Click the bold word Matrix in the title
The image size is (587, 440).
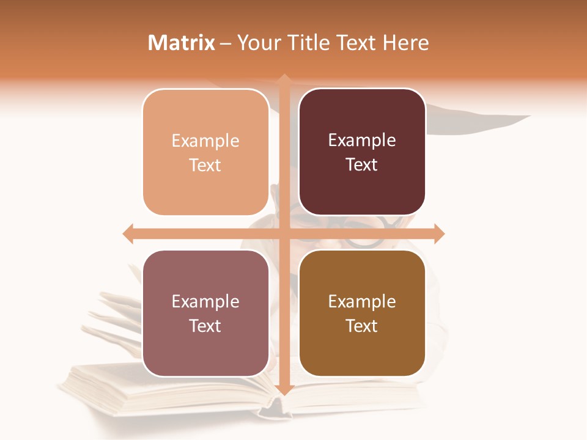tap(181, 43)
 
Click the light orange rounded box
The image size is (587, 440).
tap(205, 152)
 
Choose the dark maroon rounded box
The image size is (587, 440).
tap(362, 152)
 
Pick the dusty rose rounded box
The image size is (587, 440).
tap(205, 313)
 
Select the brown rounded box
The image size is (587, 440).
tap(362, 313)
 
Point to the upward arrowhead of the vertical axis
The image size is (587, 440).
tap(284, 79)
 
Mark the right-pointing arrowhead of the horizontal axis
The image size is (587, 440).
tap(438, 233)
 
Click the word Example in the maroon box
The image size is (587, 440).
tap(362, 140)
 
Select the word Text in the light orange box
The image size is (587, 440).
tap(205, 165)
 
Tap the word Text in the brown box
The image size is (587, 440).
tap(362, 326)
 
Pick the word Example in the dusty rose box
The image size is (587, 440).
tap(205, 301)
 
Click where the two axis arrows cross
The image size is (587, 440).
tap(284, 233)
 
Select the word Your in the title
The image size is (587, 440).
tap(257, 43)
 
